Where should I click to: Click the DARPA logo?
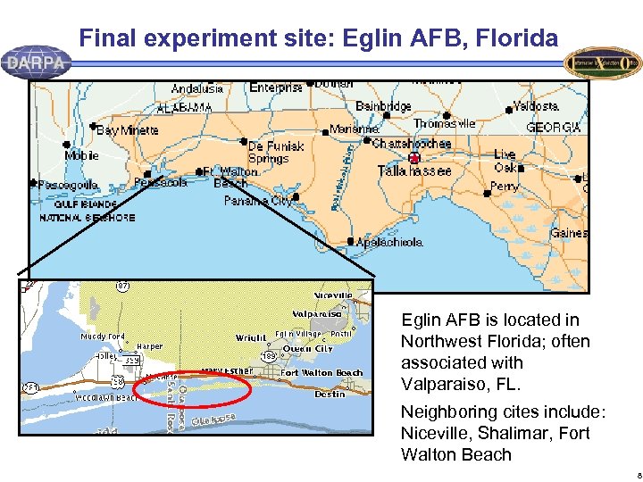click(x=36, y=62)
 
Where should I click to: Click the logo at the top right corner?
click(x=603, y=62)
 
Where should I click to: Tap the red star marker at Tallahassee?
click(x=413, y=158)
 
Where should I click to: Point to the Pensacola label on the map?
click(x=161, y=182)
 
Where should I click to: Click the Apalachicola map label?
click(x=389, y=242)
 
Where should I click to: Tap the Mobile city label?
click(x=81, y=156)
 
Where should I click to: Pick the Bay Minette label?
click(x=127, y=129)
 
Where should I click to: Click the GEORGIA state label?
click(x=554, y=128)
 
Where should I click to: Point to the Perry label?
click(x=505, y=187)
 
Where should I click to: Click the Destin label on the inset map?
click(x=330, y=395)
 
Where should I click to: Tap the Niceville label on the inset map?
click(x=332, y=295)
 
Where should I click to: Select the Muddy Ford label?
click(x=103, y=337)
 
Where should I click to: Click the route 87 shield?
click(x=122, y=286)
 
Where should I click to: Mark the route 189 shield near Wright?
click(x=268, y=356)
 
